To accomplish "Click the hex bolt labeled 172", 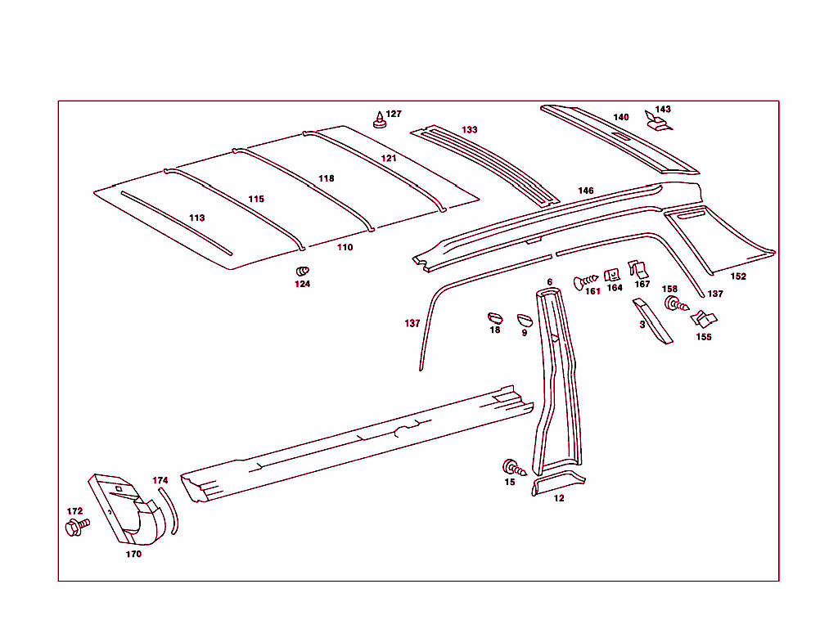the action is point(77,527).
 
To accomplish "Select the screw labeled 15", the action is point(515,469).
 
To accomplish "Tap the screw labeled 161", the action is point(585,281).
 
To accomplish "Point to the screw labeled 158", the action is point(677,304).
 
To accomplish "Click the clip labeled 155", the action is point(704,319).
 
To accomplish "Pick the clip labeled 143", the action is point(658,121).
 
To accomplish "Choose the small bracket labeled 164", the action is point(612,275).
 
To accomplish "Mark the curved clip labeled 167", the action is point(638,269).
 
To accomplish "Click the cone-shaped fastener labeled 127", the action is point(380,120).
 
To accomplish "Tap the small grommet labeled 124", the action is point(303,272).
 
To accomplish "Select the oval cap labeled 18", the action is point(495,318).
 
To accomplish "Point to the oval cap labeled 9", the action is point(525,320).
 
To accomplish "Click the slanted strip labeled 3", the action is point(653,321).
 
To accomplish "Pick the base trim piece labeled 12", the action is point(558,482).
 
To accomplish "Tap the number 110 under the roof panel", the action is point(345,247).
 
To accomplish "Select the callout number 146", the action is point(586,191).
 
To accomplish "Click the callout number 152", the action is point(738,276).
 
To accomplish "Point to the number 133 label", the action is point(469,130).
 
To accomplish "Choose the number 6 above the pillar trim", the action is point(549,282).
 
